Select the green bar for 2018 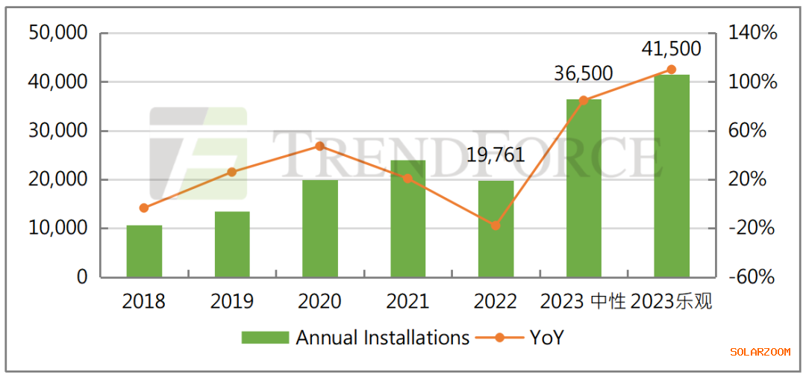(x=144, y=251)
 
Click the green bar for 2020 (x=320, y=229)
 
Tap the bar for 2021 (x=408, y=219)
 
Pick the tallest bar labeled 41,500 (x=672, y=176)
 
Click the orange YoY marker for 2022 (x=496, y=226)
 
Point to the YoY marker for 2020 (x=319, y=146)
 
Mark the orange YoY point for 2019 (x=231, y=172)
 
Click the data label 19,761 (x=495, y=155)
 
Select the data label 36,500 (x=583, y=73)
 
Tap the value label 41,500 (x=671, y=49)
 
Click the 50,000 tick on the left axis (x=57, y=33)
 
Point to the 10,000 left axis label (x=57, y=228)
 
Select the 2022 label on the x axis (x=495, y=302)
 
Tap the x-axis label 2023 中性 (x=583, y=302)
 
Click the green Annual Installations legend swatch (x=264, y=338)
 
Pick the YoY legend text (x=546, y=338)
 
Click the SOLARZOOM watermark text (x=760, y=352)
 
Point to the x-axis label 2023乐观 (x=672, y=302)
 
